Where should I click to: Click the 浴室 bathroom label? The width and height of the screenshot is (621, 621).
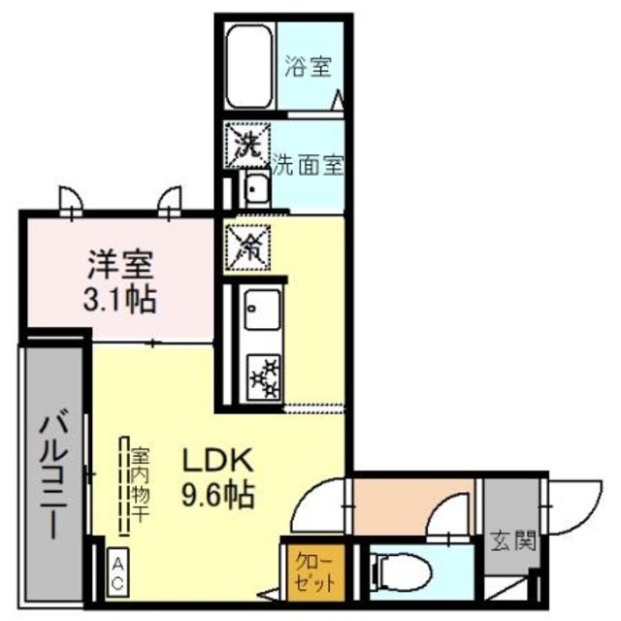(x=308, y=67)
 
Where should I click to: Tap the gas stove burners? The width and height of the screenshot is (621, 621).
(x=264, y=376)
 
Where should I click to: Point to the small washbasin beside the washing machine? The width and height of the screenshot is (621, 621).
(x=257, y=187)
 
